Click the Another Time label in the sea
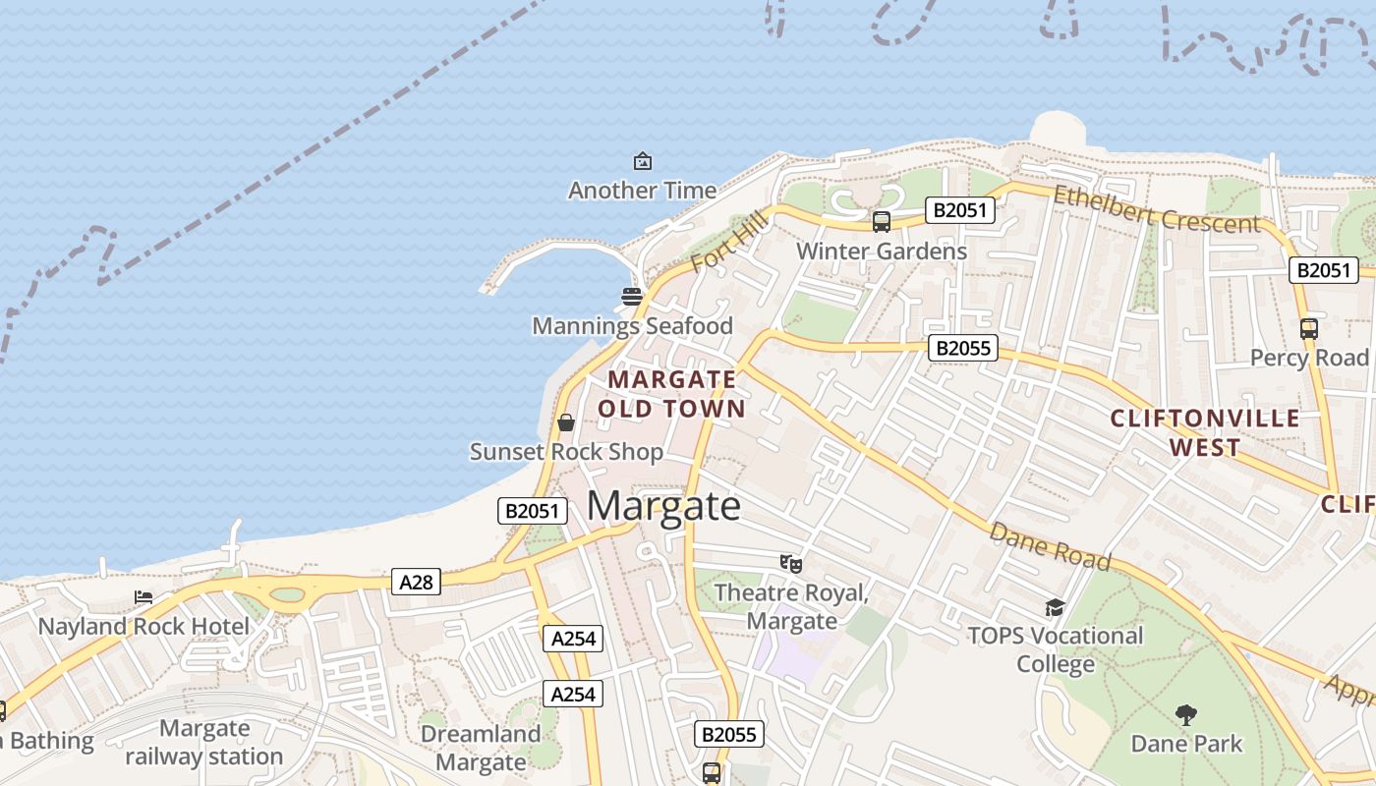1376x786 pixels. point(642,190)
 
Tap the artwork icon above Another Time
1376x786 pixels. point(643,160)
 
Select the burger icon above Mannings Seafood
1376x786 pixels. point(632,296)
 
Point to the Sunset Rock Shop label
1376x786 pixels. point(566,452)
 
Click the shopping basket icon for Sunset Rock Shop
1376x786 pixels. point(566,422)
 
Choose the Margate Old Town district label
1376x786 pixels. point(671,393)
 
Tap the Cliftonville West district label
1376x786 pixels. point(1205,432)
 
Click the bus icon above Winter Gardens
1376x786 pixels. point(881,222)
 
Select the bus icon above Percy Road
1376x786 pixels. point(1308,329)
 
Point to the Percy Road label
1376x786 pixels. point(1309,358)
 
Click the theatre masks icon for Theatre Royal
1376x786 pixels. point(791,564)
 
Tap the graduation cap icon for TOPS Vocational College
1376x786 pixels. point(1055,607)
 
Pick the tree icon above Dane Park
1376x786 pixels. point(1186,714)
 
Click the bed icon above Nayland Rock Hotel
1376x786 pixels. point(143,597)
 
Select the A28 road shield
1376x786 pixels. point(416,582)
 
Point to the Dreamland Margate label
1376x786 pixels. point(481,748)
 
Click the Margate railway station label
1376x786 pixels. point(204,743)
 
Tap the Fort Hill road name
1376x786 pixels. point(727,246)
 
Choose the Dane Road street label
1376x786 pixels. point(1050,546)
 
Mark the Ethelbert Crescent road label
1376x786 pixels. point(1156,208)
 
